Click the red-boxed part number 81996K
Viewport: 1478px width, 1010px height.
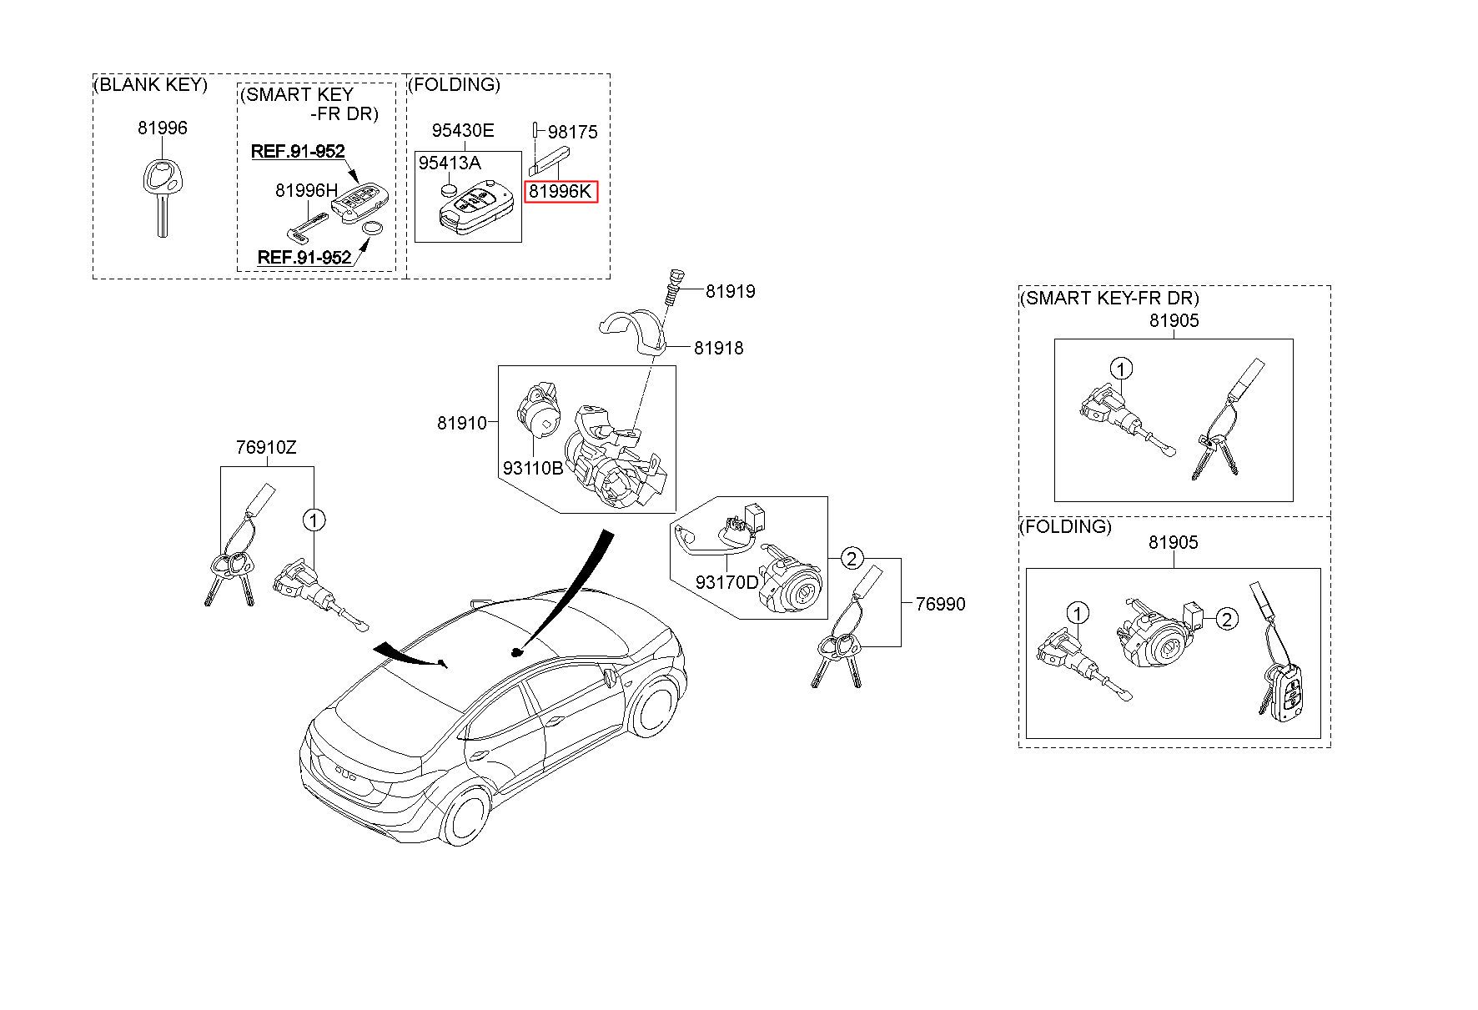[x=561, y=192]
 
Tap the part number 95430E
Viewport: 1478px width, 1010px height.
[x=462, y=131]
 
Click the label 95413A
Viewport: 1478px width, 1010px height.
[x=450, y=163]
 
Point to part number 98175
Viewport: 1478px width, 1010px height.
[x=572, y=133]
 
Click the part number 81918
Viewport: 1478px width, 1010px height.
[x=718, y=348]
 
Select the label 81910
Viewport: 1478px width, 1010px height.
[x=461, y=424]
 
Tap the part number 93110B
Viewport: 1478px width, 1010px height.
[x=532, y=469]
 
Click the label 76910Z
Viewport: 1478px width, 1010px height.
[x=266, y=448]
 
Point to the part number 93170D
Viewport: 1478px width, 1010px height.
[x=726, y=582]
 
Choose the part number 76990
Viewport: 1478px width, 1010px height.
[x=940, y=604]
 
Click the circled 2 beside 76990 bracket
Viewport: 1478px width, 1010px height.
[x=851, y=558]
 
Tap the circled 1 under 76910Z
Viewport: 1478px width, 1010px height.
[x=314, y=520]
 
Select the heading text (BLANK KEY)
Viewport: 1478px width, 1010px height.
[x=150, y=85]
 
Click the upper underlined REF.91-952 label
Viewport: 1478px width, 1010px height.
[x=298, y=152]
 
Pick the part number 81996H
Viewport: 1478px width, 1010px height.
[x=300, y=191]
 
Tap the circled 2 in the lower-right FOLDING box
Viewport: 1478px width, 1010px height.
[x=1226, y=619]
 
